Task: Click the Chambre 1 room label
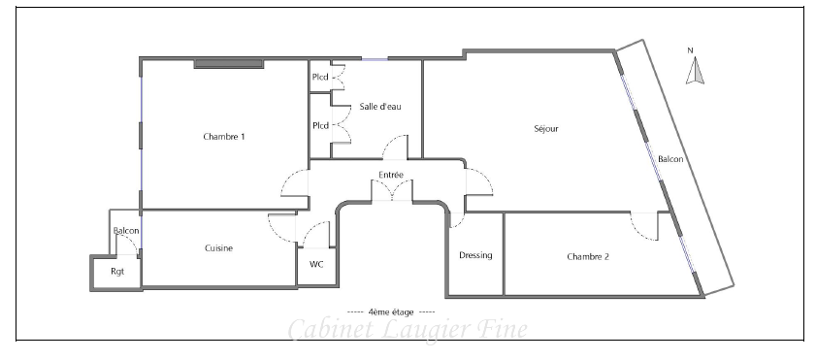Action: tap(224, 137)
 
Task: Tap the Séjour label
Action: tap(546, 128)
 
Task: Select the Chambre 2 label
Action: tap(588, 256)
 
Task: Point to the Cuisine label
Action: tap(218, 248)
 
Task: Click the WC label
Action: tap(316, 264)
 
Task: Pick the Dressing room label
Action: tap(475, 255)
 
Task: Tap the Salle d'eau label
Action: tap(380, 106)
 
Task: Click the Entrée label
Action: tap(391, 175)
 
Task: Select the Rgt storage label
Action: tap(117, 272)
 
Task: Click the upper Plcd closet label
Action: tap(320, 77)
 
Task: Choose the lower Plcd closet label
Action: tap(320, 125)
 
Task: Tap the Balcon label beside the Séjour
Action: tap(670, 159)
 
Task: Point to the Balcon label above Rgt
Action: tap(126, 231)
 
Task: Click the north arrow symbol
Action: tap(695, 71)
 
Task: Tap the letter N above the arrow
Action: tap(691, 50)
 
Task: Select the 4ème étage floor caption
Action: tap(391, 312)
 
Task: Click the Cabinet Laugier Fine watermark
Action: tap(408, 329)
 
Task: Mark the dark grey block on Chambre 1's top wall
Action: tap(228, 64)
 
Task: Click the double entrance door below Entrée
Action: tap(392, 190)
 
